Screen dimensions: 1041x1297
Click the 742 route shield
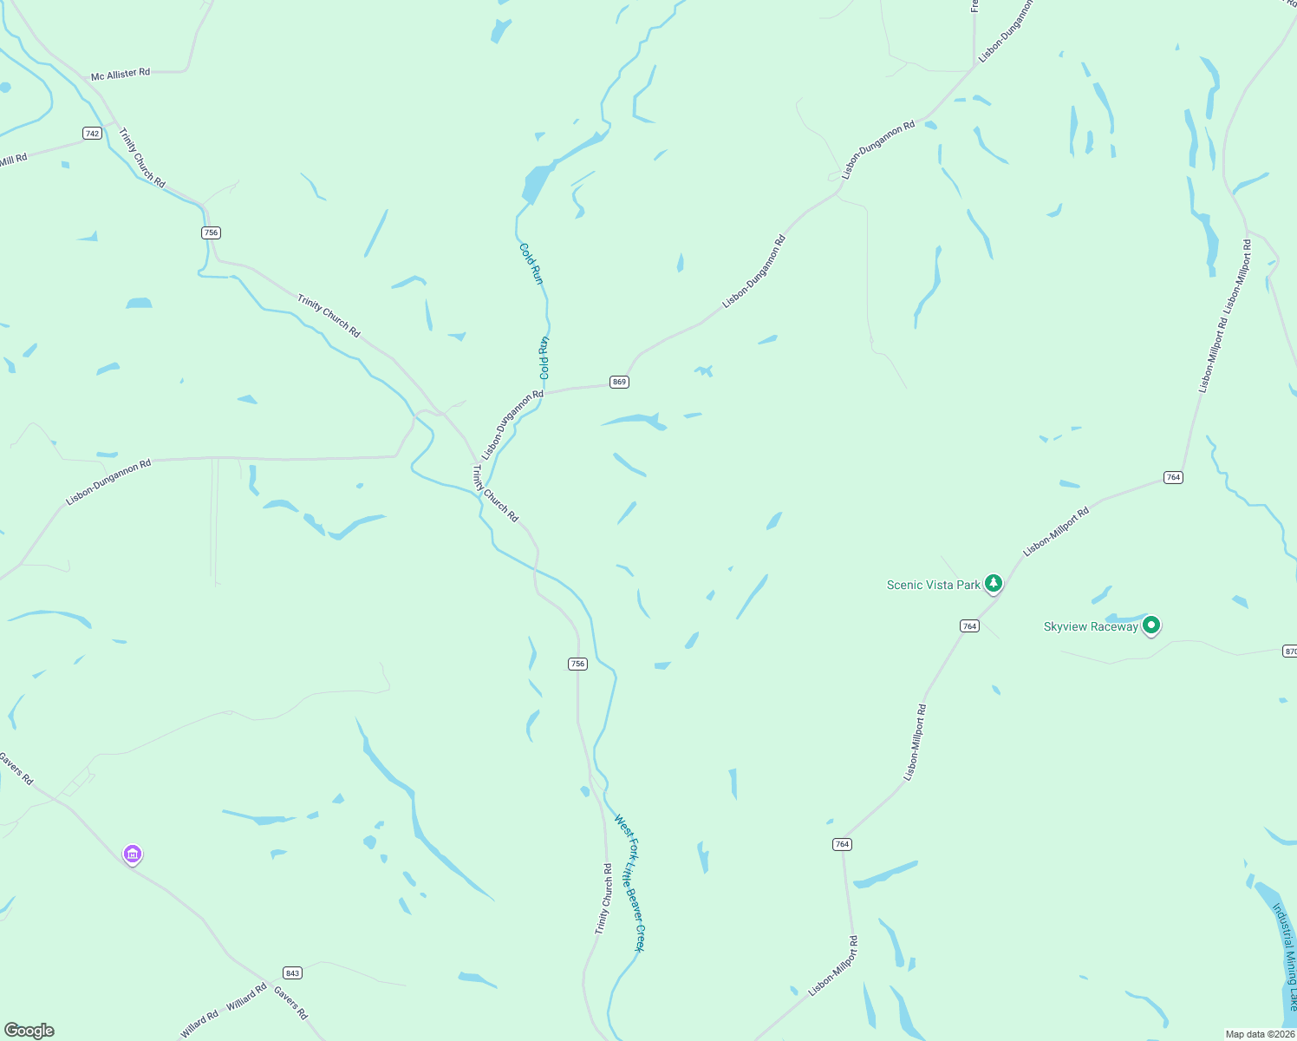(93, 133)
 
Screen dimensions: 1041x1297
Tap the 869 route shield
(619, 382)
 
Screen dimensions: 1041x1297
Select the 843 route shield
(292, 972)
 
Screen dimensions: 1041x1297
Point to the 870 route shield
(1289, 651)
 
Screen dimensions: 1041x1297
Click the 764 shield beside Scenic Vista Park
(969, 626)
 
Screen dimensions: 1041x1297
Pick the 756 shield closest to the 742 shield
(211, 232)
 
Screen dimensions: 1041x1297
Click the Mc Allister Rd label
(121, 75)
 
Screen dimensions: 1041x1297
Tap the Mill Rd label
(14, 160)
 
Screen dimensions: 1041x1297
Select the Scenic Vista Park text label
(933, 585)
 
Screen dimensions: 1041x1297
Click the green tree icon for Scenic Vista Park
(994, 583)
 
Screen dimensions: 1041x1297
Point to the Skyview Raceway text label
(1091, 626)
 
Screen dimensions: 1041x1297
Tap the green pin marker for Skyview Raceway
(1151, 624)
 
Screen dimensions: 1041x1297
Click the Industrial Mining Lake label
(1285, 957)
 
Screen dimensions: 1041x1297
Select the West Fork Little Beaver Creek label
(630, 883)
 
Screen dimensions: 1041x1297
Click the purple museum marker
(133, 854)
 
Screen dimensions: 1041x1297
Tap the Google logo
(29, 1031)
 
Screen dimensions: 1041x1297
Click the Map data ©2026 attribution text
(1259, 1034)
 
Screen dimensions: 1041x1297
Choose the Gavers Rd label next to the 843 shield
(291, 1003)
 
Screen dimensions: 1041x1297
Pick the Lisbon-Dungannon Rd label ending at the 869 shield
(512, 424)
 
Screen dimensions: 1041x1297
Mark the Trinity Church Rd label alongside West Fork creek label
(603, 899)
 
